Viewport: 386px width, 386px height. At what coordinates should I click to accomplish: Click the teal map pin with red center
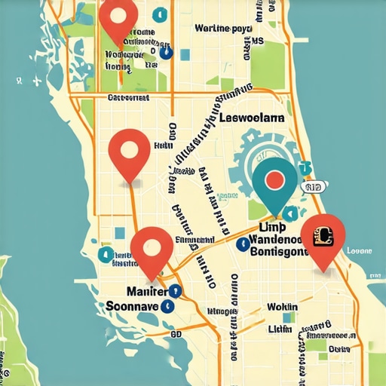click(274, 180)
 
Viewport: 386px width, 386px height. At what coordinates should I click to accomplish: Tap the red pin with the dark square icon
click(322, 237)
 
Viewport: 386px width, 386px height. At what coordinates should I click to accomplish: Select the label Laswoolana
click(253, 118)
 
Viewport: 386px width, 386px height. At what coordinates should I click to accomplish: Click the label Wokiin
click(282, 308)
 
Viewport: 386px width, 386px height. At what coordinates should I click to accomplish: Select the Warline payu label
click(222, 29)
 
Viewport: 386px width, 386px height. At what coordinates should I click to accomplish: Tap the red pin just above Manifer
click(152, 248)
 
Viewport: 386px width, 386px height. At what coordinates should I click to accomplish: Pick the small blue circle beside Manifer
click(175, 289)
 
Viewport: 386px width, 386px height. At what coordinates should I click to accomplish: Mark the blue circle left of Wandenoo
click(242, 244)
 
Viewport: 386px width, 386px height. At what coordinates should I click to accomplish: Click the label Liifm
click(280, 329)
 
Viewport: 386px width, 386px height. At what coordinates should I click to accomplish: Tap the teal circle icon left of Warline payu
click(158, 15)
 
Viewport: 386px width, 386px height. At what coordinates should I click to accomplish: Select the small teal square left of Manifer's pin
click(121, 232)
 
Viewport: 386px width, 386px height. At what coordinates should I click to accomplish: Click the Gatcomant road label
click(130, 98)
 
